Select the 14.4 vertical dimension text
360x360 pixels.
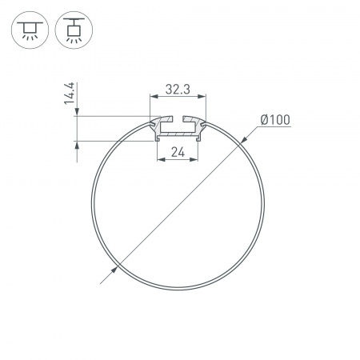(71, 94)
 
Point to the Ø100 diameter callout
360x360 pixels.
(274, 121)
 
